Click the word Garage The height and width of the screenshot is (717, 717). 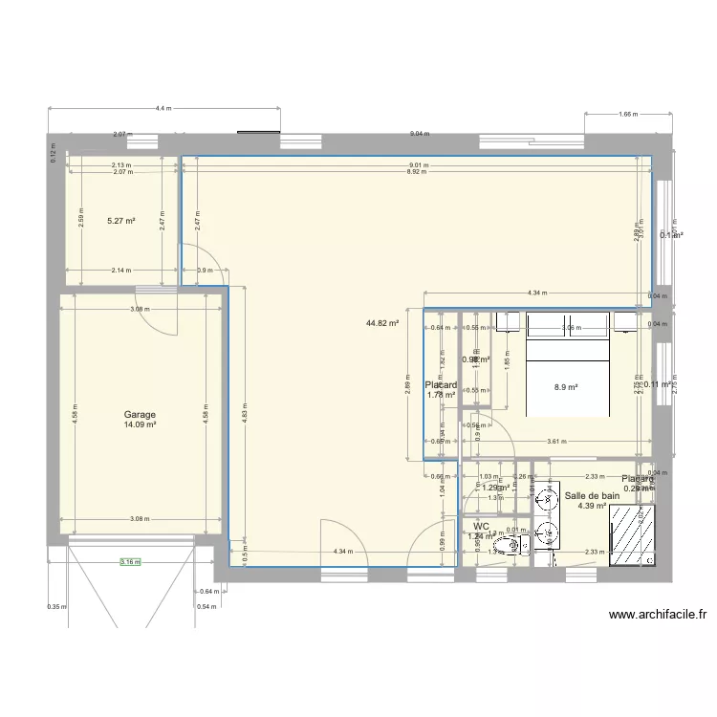(140, 415)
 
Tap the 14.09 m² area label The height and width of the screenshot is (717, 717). (140, 425)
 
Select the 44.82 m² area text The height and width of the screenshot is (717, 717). (381, 323)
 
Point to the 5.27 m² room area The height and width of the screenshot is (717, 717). (120, 221)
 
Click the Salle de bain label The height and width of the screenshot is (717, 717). (586, 496)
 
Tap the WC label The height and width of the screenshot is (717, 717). (480, 526)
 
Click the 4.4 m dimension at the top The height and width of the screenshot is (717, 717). (163, 109)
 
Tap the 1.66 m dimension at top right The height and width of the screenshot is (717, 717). (627, 115)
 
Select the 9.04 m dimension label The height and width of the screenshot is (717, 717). (419, 135)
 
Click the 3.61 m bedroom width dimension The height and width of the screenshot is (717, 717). (572, 442)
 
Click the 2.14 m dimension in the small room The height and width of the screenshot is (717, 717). (120, 270)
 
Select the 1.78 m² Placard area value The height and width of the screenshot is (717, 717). (441, 394)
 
